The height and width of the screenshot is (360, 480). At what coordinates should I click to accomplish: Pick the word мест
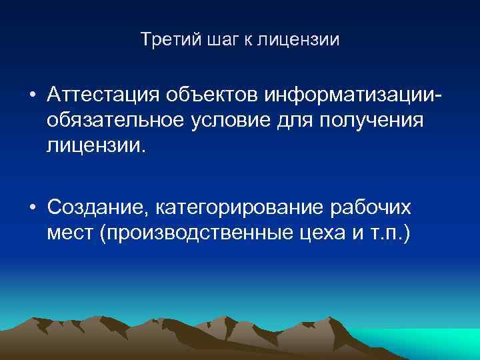70,233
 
